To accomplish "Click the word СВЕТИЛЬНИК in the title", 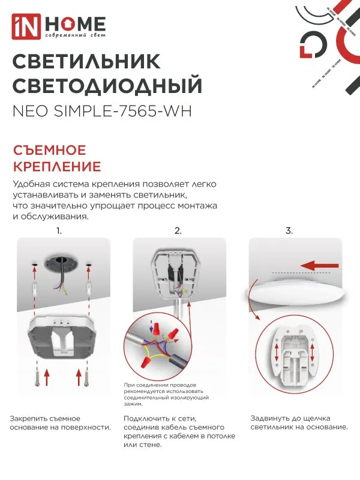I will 86,62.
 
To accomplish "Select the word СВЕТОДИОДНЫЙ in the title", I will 107,86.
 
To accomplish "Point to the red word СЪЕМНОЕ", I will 49,150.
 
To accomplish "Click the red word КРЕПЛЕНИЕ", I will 56,166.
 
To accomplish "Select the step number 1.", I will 59,230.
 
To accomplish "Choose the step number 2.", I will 178,230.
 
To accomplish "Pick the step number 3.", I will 289,230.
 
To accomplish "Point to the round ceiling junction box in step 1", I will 63,262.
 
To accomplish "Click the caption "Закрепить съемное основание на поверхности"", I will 60,422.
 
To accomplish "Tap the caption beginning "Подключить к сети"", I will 174,431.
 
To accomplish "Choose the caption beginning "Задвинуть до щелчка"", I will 298,422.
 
